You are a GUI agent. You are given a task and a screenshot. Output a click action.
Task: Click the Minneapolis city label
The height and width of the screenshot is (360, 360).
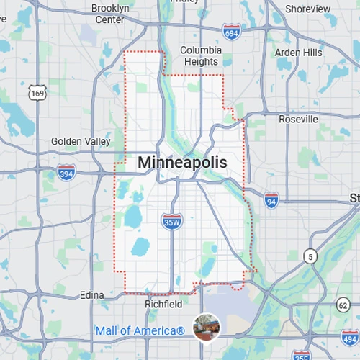181,163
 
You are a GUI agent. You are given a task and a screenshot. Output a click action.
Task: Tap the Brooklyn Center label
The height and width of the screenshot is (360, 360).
110,14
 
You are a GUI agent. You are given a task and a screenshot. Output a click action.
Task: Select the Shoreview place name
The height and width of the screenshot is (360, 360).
307,9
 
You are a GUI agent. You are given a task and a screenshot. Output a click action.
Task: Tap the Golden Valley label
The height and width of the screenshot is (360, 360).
81,142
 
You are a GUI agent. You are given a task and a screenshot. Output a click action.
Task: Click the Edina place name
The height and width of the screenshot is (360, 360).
91,295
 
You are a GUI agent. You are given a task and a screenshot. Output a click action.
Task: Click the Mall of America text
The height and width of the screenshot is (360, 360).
140,331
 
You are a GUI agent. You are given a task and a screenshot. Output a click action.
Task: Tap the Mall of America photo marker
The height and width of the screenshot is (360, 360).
206,327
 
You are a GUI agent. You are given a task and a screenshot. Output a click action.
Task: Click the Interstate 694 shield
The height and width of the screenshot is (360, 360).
232,32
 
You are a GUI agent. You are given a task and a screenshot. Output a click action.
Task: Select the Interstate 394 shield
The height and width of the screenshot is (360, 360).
66,173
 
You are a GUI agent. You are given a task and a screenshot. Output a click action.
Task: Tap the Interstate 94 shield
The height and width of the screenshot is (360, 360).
271,199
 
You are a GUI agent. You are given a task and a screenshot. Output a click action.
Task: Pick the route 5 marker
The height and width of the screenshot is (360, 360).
310,256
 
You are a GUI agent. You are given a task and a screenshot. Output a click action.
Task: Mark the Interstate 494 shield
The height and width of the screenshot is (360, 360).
351,338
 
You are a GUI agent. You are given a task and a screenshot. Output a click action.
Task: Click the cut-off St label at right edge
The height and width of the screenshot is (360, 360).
354,198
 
